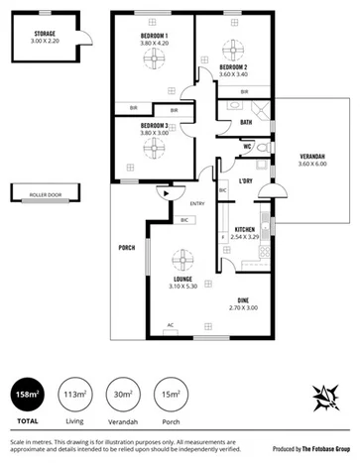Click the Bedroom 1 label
[x=153, y=39]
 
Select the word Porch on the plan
[x=126, y=248]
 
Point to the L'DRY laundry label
[x=244, y=180]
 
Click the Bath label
[x=245, y=122]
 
